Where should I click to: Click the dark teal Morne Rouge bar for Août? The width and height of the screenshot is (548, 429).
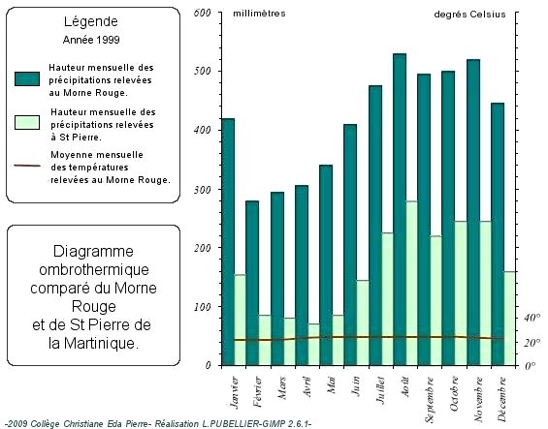(x=400, y=209)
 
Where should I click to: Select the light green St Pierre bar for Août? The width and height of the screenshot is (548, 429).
(x=411, y=284)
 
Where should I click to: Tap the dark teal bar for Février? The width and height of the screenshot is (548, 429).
(x=252, y=283)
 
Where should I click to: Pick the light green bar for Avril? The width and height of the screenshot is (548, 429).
(x=314, y=345)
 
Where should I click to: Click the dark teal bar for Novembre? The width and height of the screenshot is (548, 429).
(x=473, y=212)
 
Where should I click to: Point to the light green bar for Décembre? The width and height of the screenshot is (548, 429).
(x=509, y=319)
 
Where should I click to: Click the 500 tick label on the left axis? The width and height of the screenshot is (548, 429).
(x=202, y=71)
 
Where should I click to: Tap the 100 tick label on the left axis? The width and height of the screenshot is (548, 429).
(x=202, y=307)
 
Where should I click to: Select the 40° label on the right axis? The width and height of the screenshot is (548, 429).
(x=532, y=318)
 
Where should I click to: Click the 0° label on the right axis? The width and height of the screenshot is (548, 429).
(x=531, y=366)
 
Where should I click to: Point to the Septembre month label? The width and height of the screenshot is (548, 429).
(x=430, y=400)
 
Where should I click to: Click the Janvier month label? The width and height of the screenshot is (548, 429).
(x=234, y=392)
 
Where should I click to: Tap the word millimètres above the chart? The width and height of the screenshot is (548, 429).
(x=259, y=14)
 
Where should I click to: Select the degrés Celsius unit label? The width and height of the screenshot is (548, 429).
(x=469, y=15)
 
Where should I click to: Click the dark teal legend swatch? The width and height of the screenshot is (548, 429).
(x=27, y=78)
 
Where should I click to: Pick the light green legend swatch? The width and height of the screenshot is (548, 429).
(x=27, y=123)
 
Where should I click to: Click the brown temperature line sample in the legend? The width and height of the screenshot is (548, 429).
(x=27, y=166)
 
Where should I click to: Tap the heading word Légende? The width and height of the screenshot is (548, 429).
(x=91, y=22)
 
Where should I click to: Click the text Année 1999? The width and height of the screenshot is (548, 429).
(x=91, y=40)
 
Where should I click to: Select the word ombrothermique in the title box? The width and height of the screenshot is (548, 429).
(x=94, y=269)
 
